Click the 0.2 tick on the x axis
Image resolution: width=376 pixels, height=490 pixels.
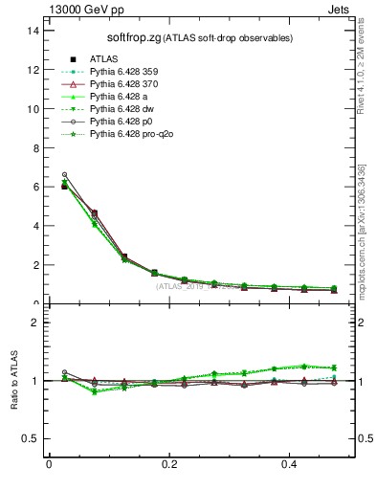tap(170, 464)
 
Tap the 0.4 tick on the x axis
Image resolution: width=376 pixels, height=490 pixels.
tap(291, 464)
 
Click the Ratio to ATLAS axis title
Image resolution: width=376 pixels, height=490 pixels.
tap(14, 382)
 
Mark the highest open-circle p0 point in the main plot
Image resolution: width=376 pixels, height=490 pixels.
tap(64, 174)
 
